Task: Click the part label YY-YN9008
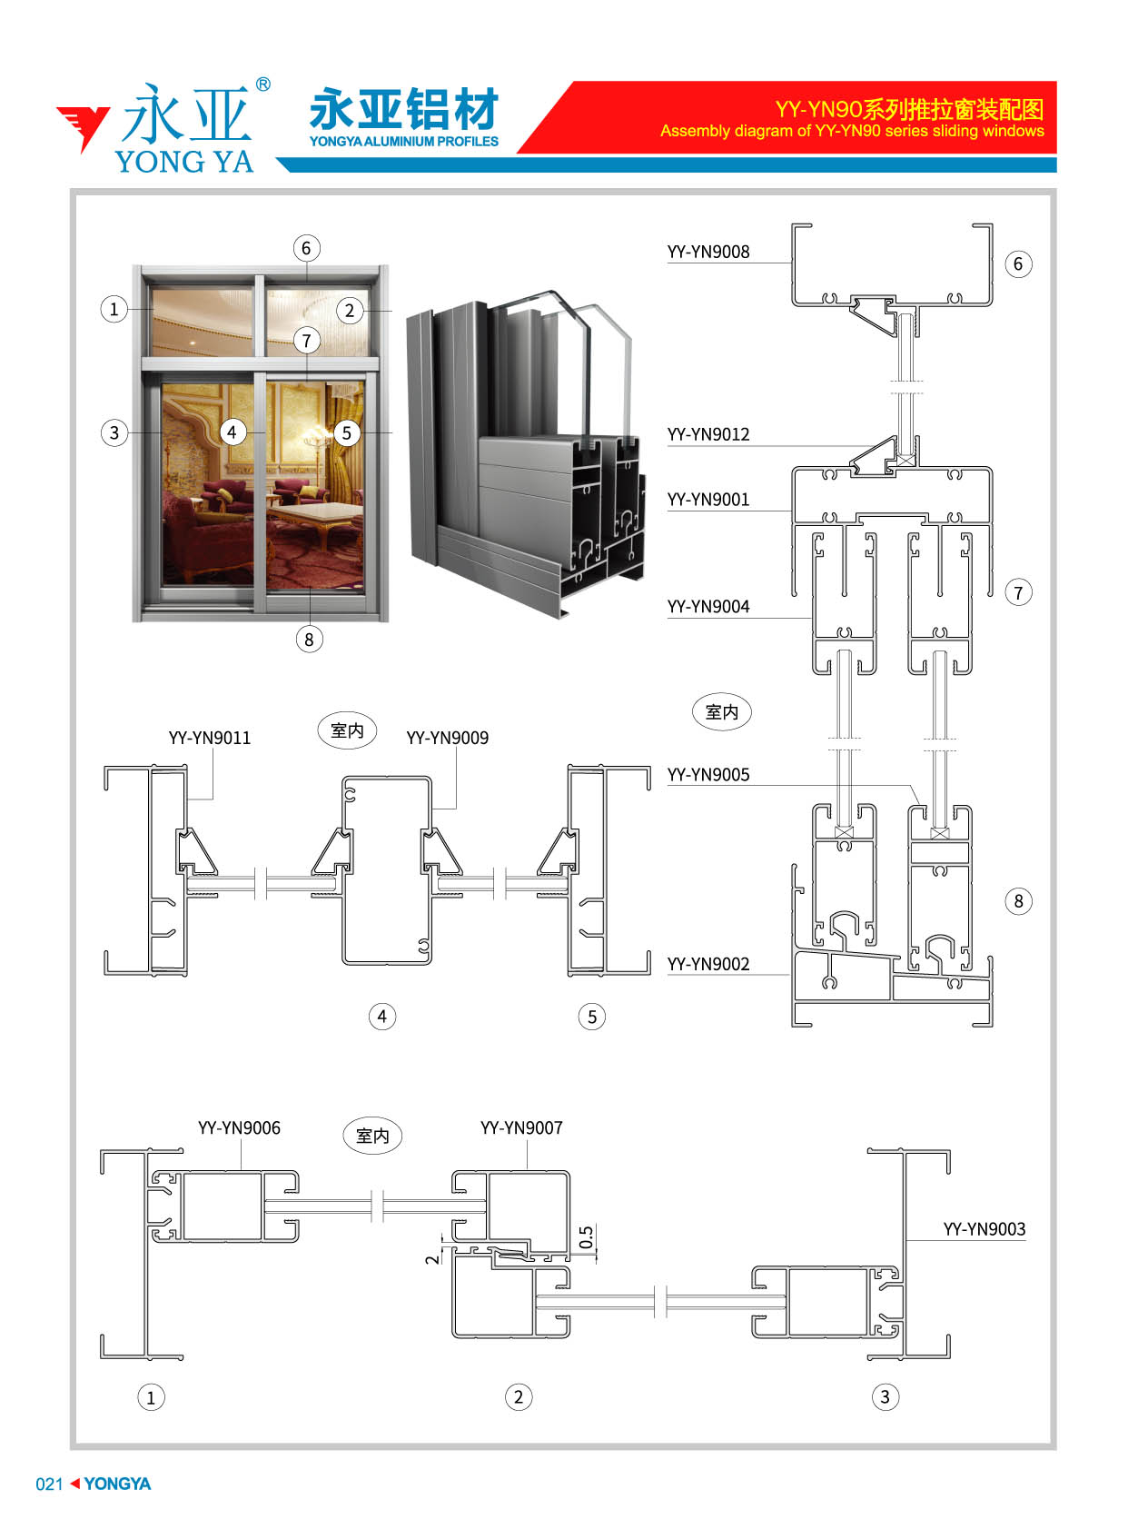point(707,252)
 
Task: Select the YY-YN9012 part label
point(707,434)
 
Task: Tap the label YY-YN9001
point(707,499)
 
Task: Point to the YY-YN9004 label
point(707,607)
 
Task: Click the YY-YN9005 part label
point(707,775)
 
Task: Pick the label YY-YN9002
point(707,964)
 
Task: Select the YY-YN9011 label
point(210,738)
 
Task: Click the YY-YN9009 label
point(447,738)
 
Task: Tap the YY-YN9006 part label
point(239,1127)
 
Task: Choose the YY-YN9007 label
point(521,1127)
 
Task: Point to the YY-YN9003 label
point(984,1229)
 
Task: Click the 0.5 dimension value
point(587,1237)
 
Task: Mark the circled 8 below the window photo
point(309,640)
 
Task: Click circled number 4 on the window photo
point(233,432)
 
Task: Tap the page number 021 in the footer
point(50,1484)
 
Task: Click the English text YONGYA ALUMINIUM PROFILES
point(404,142)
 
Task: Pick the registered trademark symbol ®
point(263,84)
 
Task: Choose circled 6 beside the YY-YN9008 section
point(1018,264)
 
